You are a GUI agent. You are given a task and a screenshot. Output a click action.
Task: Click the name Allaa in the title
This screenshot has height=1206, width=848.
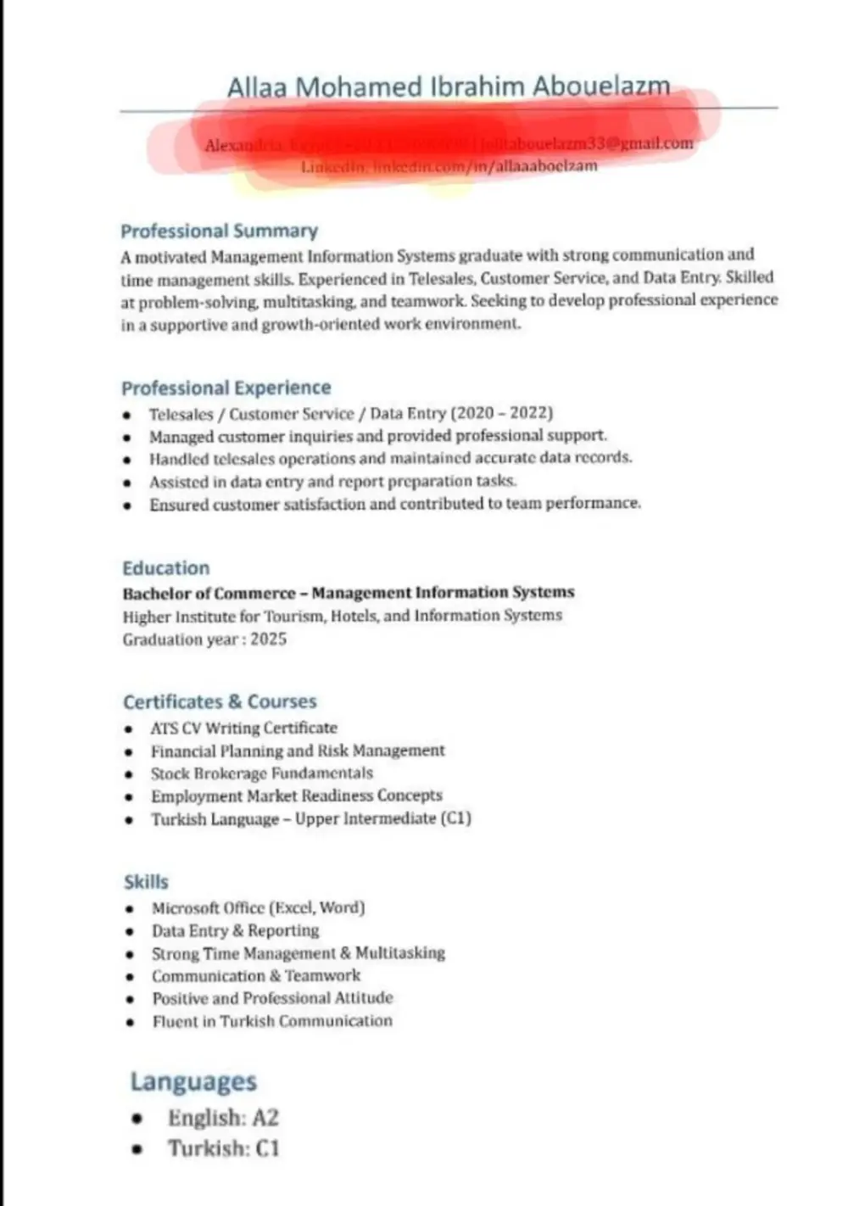257,87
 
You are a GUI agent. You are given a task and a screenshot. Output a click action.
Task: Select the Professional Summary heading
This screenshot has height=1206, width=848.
219,231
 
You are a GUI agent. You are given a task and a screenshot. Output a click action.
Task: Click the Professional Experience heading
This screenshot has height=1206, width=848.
226,388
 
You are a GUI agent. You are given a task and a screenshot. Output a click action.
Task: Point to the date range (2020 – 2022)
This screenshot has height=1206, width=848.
502,413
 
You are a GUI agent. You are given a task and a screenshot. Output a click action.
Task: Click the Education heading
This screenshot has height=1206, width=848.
165,568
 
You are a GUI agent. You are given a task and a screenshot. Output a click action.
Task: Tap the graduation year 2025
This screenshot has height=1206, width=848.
268,639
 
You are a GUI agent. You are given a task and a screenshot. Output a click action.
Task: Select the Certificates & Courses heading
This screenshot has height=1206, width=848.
220,701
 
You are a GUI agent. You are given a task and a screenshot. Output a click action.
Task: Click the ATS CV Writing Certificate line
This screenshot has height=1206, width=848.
243,728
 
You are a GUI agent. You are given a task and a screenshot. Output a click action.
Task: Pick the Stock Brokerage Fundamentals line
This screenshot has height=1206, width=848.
261,773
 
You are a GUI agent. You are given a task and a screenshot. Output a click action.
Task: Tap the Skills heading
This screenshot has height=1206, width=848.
146,881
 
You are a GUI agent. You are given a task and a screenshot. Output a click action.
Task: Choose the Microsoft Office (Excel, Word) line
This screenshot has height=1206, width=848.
258,907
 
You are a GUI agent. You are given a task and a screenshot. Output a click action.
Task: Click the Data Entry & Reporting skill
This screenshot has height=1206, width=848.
235,930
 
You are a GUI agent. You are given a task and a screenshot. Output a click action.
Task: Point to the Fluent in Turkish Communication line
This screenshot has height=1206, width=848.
271,1021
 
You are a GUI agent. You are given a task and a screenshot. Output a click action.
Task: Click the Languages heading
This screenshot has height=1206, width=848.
192,1081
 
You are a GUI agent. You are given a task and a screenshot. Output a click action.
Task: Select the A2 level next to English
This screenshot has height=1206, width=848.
265,1118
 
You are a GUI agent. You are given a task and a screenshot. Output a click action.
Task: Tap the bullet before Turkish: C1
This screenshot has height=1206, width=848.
137,1149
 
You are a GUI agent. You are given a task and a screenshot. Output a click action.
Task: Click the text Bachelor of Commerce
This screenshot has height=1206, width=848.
209,593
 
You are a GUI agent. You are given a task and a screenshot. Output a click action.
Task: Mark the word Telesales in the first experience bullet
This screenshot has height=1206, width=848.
181,414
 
